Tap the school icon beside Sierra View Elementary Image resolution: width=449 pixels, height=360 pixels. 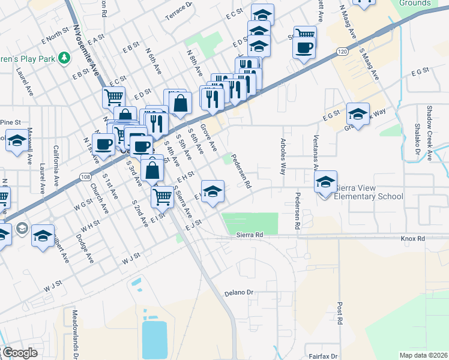click(325, 181)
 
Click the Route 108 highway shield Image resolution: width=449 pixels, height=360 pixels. click(86, 176)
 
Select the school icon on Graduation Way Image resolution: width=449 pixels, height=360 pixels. click(358, 114)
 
